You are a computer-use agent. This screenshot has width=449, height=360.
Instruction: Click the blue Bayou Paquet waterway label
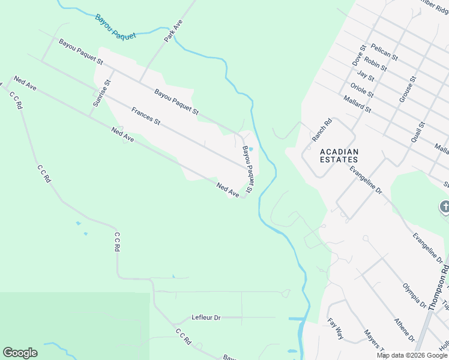(x=115, y=27)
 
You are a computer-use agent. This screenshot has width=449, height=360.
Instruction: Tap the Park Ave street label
(x=173, y=31)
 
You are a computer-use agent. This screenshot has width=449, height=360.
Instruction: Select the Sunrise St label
(x=100, y=94)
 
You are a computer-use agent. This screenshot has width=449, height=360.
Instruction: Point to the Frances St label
(x=146, y=116)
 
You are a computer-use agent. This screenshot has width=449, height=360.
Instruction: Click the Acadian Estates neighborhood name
(x=339, y=155)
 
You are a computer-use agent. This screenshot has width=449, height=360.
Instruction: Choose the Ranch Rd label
(x=322, y=130)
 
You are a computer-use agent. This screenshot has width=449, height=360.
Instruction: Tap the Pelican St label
(x=384, y=52)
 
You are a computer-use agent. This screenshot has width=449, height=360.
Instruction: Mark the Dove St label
(x=359, y=55)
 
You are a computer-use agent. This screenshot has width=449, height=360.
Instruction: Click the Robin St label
(x=375, y=64)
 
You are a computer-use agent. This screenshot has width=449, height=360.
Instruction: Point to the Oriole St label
(x=362, y=90)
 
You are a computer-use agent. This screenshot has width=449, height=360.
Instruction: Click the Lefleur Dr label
(x=206, y=317)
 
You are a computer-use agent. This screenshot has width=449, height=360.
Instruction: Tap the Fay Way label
(x=336, y=329)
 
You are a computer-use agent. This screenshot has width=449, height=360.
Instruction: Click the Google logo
(x=20, y=353)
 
